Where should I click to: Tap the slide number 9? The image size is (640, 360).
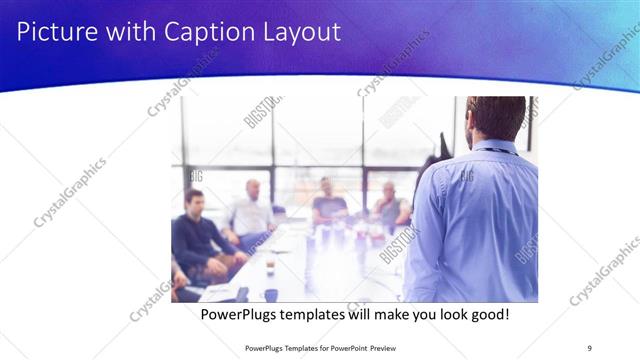tap(589, 347)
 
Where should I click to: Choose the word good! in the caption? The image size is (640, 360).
tap(487, 314)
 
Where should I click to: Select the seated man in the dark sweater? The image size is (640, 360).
tap(196, 230)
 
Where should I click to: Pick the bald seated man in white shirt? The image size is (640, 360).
tap(251, 210)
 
